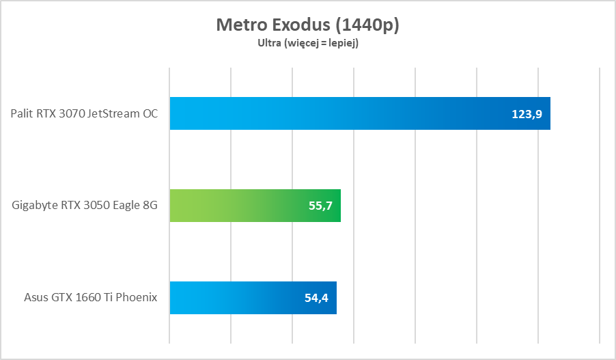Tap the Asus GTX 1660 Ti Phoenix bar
253,298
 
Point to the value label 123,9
527,114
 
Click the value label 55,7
320,206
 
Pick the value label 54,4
316,298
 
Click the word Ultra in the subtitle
268,43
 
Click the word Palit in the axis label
22,114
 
